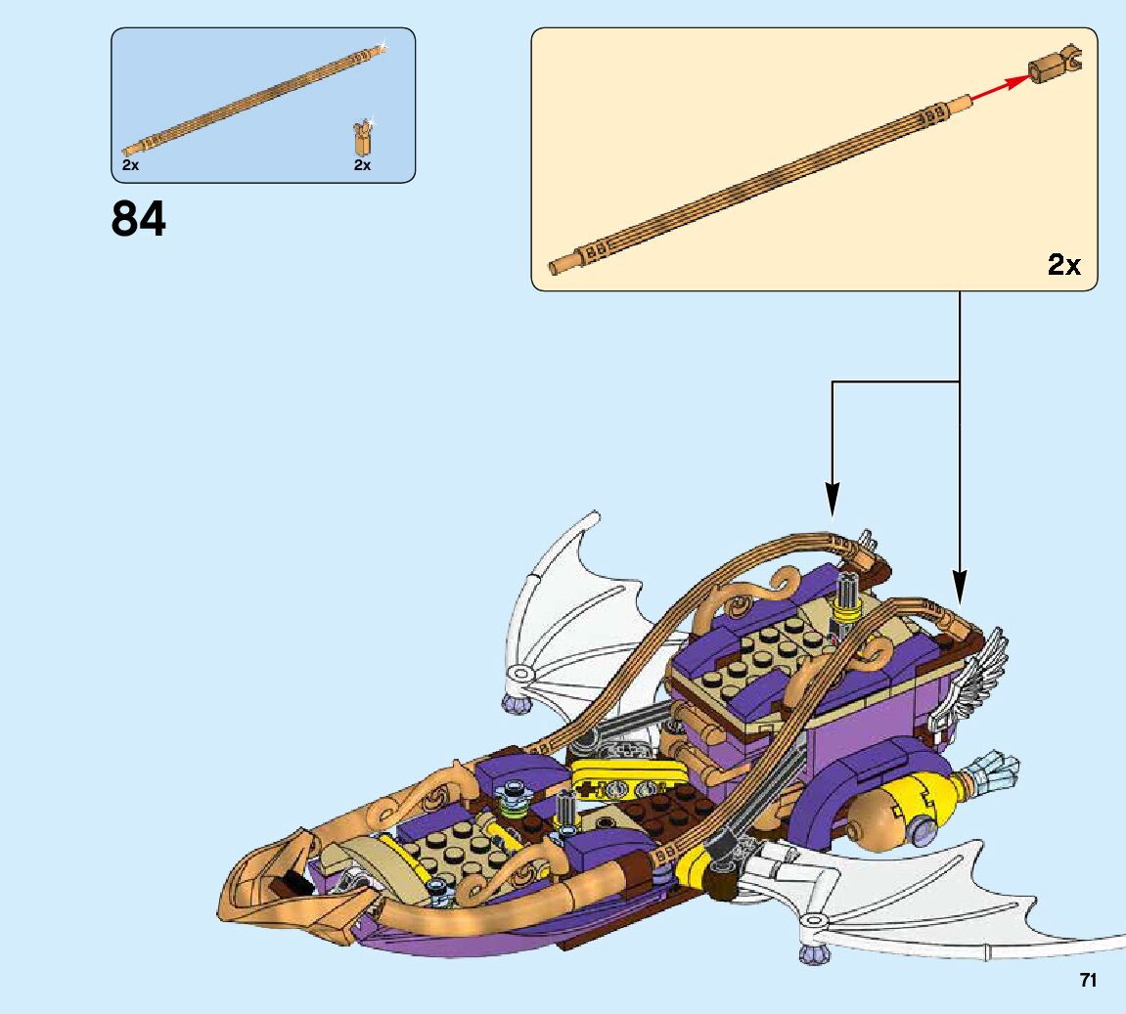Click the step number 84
pyautogui.click(x=139, y=220)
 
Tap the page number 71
pyautogui.click(x=1088, y=980)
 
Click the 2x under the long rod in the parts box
pyautogui.click(x=131, y=165)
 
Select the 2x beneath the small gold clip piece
pyautogui.click(x=362, y=165)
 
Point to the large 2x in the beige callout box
pyautogui.click(x=1063, y=264)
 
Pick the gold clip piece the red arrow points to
pyautogui.click(x=1054, y=66)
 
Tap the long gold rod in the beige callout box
pyautogui.click(x=763, y=181)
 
